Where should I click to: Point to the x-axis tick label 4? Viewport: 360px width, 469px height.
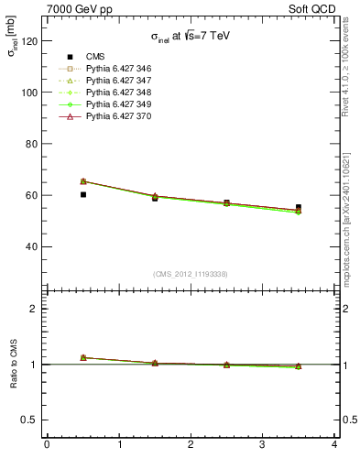tap(334, 446)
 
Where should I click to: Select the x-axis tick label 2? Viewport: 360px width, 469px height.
tap(191, 446)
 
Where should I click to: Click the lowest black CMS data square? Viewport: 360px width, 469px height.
tap(83, 194)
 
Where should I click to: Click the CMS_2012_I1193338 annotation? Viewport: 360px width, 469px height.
tap(191, 274)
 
